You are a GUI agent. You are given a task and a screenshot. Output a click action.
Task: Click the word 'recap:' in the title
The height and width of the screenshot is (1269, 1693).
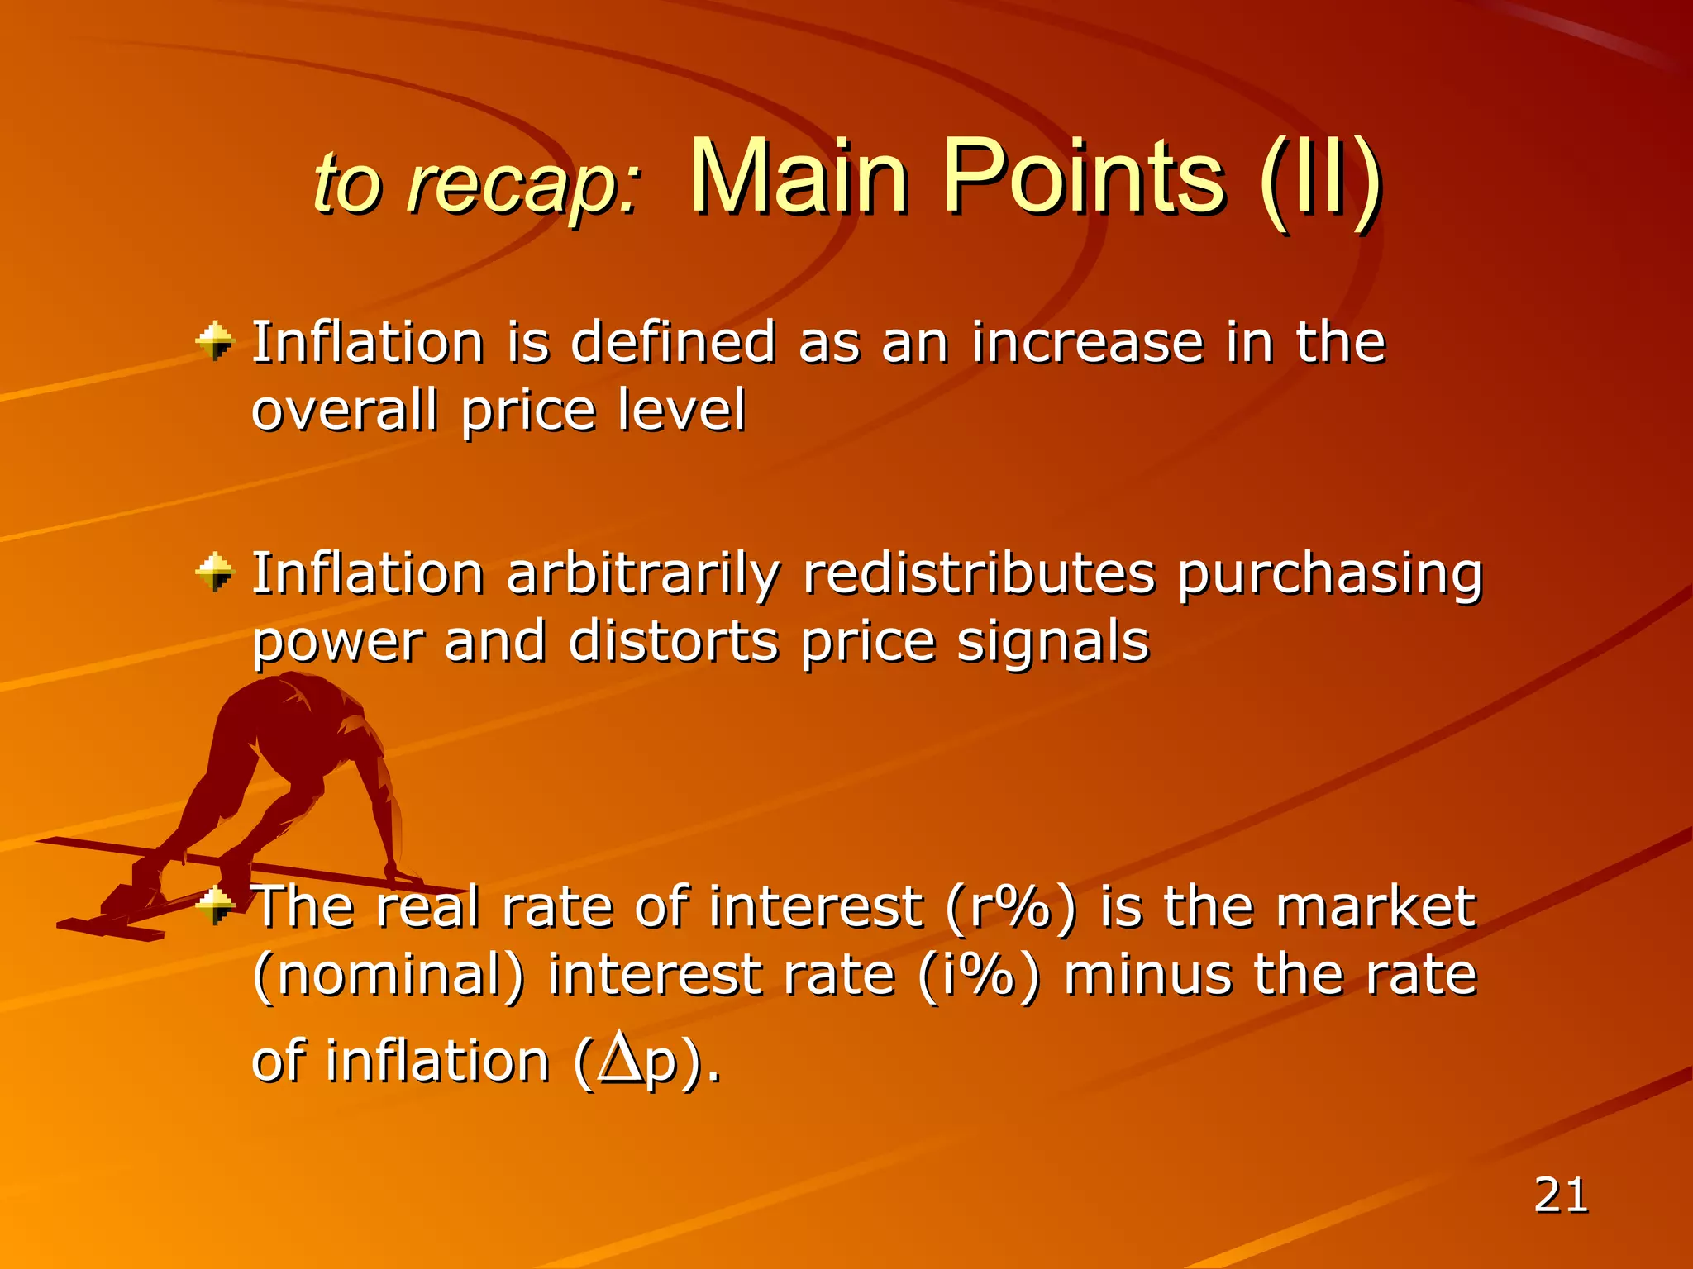(x=523, y=186)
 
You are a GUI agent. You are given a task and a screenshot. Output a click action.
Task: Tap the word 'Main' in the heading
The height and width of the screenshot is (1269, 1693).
(x=798, y=178)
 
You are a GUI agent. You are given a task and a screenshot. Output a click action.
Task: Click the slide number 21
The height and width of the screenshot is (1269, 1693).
(x=1561, y=1195)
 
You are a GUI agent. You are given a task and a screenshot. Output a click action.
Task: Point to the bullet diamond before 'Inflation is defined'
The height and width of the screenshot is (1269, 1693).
(x=215, y=341)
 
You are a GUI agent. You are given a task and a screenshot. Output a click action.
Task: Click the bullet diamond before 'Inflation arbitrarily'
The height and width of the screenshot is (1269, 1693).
(x=215, y=573)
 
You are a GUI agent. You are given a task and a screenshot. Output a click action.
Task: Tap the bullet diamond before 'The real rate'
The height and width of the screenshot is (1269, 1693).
(x=217, y=906)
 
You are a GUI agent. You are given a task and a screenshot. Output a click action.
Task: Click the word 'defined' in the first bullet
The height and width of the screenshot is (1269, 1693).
(x=673, y=343)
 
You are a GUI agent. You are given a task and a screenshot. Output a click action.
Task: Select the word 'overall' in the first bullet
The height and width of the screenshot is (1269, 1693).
(x=343, y=411)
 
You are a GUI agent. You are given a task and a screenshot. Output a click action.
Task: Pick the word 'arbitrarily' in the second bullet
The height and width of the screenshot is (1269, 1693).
(x=642, y=574)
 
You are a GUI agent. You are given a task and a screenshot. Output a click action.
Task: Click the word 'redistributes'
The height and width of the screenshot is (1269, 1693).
(x=978, y=574)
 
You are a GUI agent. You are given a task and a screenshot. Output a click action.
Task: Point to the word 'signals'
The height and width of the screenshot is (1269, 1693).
(x=1052, y=642)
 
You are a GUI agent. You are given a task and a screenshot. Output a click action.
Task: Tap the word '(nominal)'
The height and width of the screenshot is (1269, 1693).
(x=389, y=976)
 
